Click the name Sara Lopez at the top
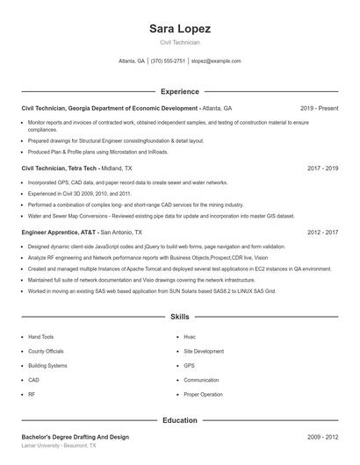point(180,28)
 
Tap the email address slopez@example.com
point(216,61)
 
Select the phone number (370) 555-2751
point(168,61)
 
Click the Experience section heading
point(180,90)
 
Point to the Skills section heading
point(180,316)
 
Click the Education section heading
point(180,420)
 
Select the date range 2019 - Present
point(320,108)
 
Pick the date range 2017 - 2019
point(322,168)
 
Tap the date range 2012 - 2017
point(322,232)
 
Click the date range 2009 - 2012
point(322,437)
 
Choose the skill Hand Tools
point(41,337)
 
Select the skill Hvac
point(190,337)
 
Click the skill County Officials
point(46,351)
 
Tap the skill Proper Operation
point(203,394)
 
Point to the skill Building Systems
point(47,365)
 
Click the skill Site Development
point(202,351)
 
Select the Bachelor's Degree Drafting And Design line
point(76,437)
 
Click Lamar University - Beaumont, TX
point(59,446)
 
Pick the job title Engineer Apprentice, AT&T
point(59,232)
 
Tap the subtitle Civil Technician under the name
point(180,42)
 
